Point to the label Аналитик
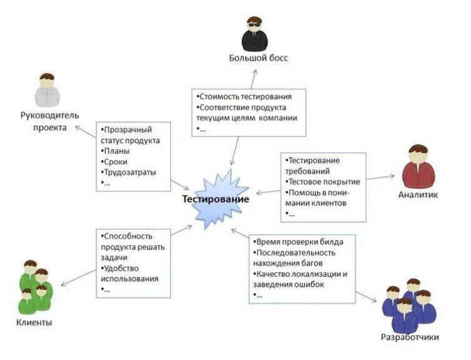pos(418,194)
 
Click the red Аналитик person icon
pos(418,166)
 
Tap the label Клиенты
pos(33,322)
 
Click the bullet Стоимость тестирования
pos(244,97)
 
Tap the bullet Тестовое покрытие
pos(322,181)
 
